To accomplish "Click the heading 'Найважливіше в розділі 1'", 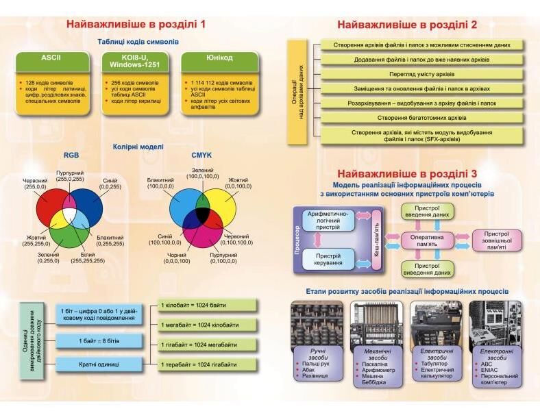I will point(136,25).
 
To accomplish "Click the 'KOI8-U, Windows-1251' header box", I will point(135,61).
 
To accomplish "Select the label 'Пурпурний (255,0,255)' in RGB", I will point(69,176).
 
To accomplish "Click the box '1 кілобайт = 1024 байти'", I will point(208,305).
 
